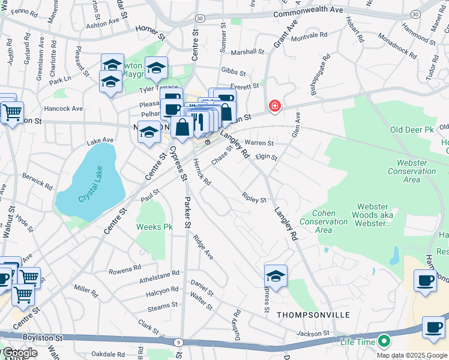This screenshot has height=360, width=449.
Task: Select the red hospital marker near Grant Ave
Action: [x=275, y=106]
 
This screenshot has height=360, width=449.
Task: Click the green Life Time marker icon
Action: [x=383, y=342]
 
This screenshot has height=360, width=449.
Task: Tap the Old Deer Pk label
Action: [x=411, y=130]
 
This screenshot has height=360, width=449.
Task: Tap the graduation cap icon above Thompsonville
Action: [x=276, y=275]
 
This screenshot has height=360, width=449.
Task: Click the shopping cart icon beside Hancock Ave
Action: [x=13, y=112]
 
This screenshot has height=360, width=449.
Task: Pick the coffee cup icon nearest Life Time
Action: [x=433, y=327]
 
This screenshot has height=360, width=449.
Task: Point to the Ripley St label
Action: [x=254, y=197]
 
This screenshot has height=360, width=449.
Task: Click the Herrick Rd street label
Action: [x=202, y=173]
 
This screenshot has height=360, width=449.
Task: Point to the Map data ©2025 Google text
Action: [x=411, y=355]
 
